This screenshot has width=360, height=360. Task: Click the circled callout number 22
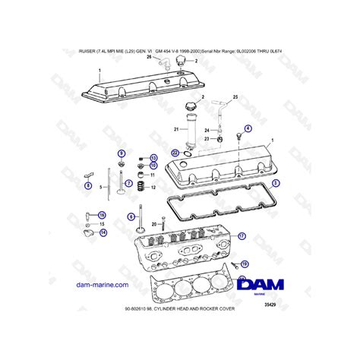point(175,153)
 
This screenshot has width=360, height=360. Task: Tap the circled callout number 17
point(242,236)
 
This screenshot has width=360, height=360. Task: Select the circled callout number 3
point(276,183)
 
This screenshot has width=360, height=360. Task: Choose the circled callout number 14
point(103,233)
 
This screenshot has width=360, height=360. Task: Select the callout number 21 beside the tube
point(175,128)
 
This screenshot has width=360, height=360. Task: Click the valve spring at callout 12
point(141,187)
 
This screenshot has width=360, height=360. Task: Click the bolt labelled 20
point(155,224)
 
